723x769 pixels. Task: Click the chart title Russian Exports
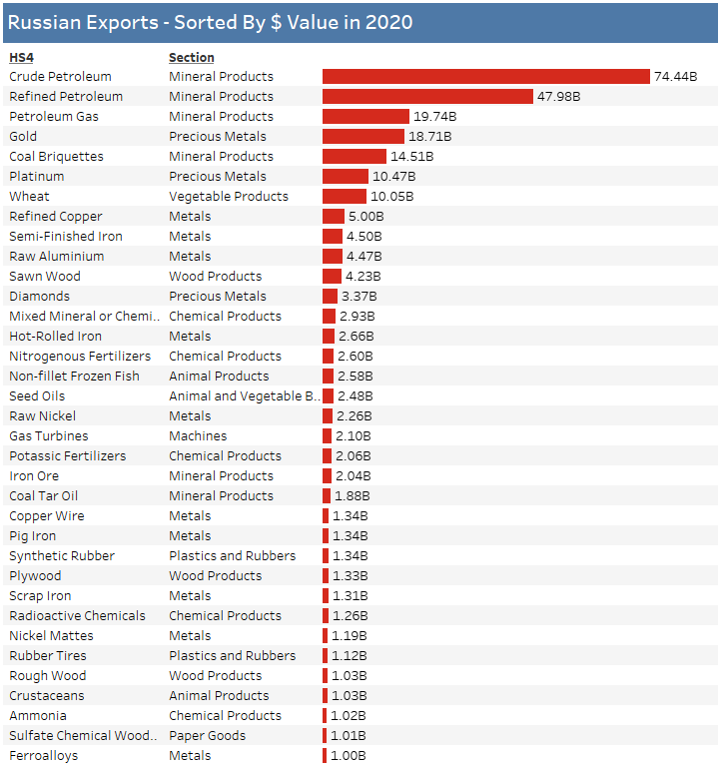[x=210, y=22]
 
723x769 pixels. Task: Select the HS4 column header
[x=21, y=57]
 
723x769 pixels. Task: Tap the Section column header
[x=191, y=57]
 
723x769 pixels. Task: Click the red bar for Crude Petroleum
[x=485, y=77]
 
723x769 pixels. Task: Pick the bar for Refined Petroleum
[x=427, y=97]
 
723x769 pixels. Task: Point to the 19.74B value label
[x=434, y=117]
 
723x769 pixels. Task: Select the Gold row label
[x=23, y=137]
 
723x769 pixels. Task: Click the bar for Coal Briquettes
[x=354, y=157]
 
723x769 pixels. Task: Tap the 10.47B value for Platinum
[x=392, y=177]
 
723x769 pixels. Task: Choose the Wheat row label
[x=29, y=197]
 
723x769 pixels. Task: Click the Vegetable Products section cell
[x=228, y=197]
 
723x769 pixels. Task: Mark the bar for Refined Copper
[x=333, y=217]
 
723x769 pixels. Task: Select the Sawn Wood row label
[x=45, y=277]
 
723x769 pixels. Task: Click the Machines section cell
[x=198, y=436]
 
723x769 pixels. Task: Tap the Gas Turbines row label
[x=49, y=436]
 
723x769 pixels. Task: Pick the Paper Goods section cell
[x=207, y=736]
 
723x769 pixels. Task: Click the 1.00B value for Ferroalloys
[x=349, y=756]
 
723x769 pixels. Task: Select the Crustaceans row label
[x=47, y=696]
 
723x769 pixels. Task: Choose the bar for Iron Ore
[x=327, y=476]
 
